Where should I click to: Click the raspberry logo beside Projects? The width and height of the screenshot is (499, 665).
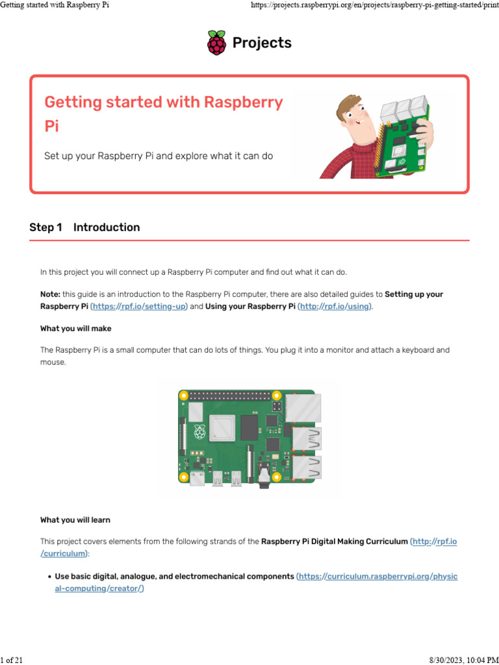(217, 43)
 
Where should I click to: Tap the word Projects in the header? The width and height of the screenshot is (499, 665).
(262, 43)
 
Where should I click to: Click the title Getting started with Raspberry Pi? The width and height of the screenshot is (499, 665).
(163, 113)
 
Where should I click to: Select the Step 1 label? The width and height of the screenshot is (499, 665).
(45, 227)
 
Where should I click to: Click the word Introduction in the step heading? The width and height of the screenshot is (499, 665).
(107, 227)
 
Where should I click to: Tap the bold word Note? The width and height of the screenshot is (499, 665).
(50, 294)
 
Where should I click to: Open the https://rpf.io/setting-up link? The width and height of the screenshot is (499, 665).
(139, 306)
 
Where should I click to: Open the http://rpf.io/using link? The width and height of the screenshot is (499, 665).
(335, 306)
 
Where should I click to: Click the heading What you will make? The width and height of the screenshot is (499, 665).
(75, 329)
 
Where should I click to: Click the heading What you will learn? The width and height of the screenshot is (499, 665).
(75, 520)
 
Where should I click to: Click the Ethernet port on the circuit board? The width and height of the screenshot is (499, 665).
(303, 407)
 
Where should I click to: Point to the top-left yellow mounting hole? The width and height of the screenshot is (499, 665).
(184, 395)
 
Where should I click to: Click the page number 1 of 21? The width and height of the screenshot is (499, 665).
(12, 660)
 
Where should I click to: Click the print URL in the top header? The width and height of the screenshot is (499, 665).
(374, 5)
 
